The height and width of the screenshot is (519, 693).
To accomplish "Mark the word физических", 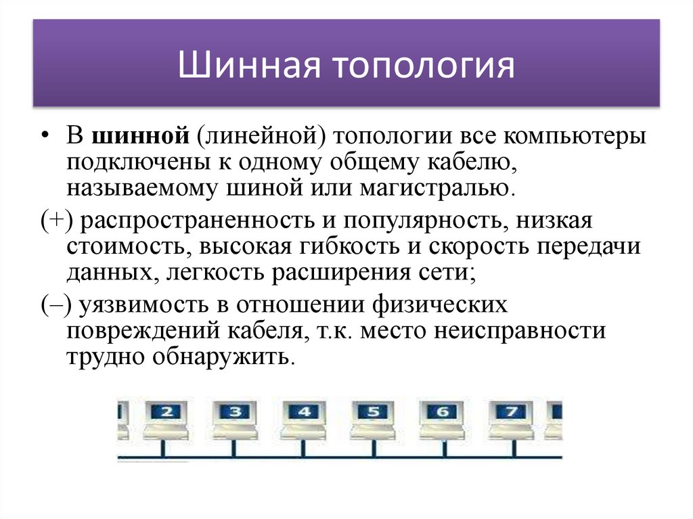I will pos(440,305).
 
